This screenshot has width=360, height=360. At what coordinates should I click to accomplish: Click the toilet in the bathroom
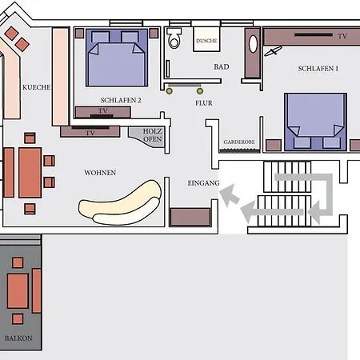[x=174, y=38]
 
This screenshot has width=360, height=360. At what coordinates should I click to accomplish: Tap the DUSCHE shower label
[x=206, y=41]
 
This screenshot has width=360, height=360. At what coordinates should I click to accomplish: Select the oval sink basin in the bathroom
[x=253, y=44]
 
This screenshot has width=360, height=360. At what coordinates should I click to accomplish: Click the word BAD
[x=222, y=66]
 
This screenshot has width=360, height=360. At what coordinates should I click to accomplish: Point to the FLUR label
[x=204, y=103]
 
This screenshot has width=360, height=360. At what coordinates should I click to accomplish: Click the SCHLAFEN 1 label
[x=318, y=69]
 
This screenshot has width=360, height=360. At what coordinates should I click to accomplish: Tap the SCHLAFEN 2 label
[x=121, y=100]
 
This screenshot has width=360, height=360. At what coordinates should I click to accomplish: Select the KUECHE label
[x=37, y=87]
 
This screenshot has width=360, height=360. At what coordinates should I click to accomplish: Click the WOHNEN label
[x=100, y=173]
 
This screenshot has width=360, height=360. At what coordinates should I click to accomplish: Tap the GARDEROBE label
[x=239, y=142]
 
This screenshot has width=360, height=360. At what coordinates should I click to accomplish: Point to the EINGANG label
[x=203, y=183]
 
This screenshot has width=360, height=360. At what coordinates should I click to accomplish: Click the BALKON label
[x=18, y=338]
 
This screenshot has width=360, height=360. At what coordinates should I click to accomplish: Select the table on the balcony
[x=18, y=291]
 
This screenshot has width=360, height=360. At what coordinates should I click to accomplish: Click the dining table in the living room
[x=30, y=173]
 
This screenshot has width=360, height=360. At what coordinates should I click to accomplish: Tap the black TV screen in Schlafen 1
[x=314, y=34]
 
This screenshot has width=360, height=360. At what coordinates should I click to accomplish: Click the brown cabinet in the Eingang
[x=190, y=217]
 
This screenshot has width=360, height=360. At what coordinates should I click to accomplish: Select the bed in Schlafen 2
[x=117, y=58]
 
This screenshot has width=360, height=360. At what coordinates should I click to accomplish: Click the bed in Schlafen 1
[x=316, y=122]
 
